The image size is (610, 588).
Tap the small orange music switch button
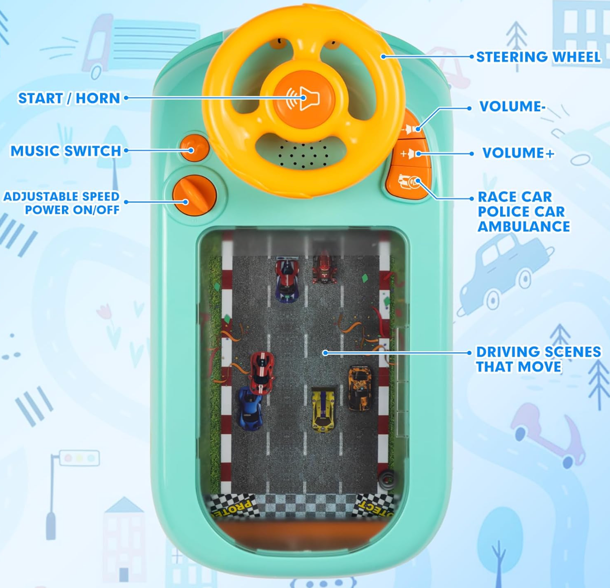tap(194, 148)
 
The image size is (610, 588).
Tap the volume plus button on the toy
tap(410, 153)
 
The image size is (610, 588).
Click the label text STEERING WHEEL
tap(538, 57)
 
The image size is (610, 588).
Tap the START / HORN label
tap(69, 98)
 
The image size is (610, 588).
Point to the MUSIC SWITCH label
tap(66, 151)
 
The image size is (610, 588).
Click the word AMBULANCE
tap(524, 226)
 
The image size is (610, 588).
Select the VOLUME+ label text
tap(518, 153)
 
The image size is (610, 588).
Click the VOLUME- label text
tap(512, 107)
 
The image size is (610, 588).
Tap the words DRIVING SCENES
tap(538, 352)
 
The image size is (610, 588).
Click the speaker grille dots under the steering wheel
tap(303, 154)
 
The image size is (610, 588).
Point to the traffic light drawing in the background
tap(79, 458)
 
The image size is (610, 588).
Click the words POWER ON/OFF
tap(72, 210)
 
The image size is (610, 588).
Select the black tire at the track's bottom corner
tap(387, 479)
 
